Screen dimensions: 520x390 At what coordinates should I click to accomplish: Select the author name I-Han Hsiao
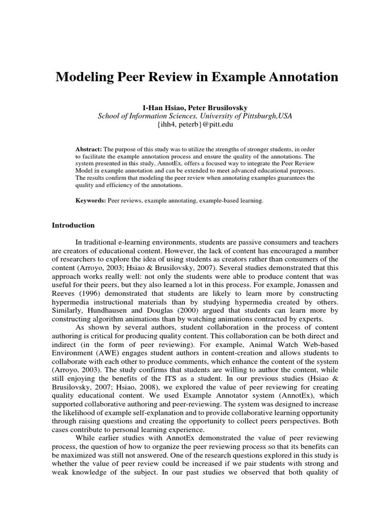162,107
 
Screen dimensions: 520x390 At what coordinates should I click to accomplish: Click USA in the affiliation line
285,116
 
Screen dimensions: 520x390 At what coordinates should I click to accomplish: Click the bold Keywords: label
90,201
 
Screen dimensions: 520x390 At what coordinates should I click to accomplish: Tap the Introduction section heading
73,225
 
